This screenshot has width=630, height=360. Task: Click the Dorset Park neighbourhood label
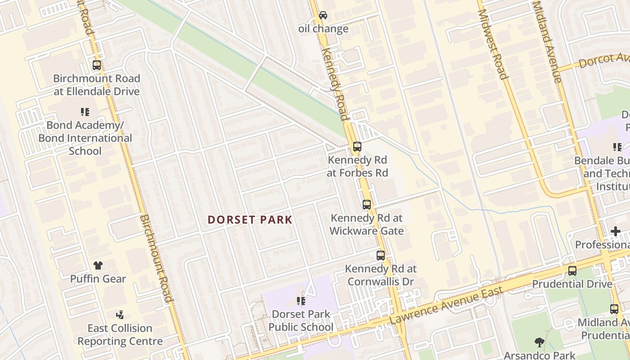tap(250, 220)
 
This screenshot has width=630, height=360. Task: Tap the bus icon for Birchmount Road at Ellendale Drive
tap(97, 65)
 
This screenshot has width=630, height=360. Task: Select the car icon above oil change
tap(323, 15)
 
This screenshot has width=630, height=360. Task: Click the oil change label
tap(323, 29)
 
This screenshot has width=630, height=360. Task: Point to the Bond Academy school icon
tap(85, 112)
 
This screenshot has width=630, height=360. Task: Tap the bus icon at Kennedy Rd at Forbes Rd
tap(357, 146)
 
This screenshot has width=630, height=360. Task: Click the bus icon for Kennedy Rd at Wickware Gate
tap(367, 205)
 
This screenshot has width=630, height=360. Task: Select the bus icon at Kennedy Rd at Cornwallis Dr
tap(381, 256)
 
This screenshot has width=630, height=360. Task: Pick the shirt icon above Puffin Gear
tap(98, 265)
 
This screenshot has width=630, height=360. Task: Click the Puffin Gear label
tap(98, 279)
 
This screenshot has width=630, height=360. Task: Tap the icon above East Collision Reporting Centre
tap(120, 315)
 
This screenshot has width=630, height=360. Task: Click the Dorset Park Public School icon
tap(301, 301)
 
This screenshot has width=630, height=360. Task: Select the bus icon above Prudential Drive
tap(572, 271)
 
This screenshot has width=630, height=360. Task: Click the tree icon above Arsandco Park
tap(539, 342)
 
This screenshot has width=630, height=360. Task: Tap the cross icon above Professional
tap(616, 231)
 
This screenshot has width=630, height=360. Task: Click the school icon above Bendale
tap(617, 147)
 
